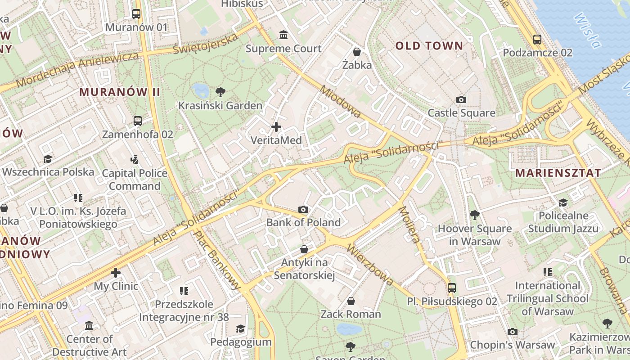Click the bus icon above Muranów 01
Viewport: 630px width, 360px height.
pyautogui.click(x=136, y=14)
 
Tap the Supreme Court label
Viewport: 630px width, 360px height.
pyautogui.click(x=283, y=49)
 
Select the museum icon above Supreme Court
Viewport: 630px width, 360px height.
pyautogui.click(x=283, y=35)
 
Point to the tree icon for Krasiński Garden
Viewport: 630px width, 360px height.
pyautogui.click(x=220, y=92)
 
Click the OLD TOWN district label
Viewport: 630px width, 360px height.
pyautogui.click(x=429, y=45)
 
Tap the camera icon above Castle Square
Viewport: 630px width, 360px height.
pyautogui.click(x=461, y=99)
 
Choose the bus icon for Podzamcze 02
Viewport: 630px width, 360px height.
pyautogui.click(x=537, y=39)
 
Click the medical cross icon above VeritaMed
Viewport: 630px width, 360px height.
pyautogui.click(x=276, y=127)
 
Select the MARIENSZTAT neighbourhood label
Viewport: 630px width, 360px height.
pyautogui.click(x=558, y=173)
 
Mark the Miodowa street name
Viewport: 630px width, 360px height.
pyautogui.click(x=340, y=102)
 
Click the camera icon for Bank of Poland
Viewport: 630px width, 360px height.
pyautogui.click(x=304, y=209)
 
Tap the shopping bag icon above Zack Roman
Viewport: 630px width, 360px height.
pyautogui.click(x=351, y=301)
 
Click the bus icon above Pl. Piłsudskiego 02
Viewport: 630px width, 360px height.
pyautogui.click(x=452, y=288)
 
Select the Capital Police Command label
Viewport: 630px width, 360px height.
pyautogui.click(x=135, y=180)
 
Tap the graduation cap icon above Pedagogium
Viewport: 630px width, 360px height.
pyautogui.click(x=241, y=328)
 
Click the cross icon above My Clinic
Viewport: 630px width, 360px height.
pyautogui.click(x=116, y=273)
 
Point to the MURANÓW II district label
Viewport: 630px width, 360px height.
pyautogui.click(x=120, y=92)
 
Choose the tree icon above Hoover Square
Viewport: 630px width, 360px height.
pyautogui.click(x=474, y=215)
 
